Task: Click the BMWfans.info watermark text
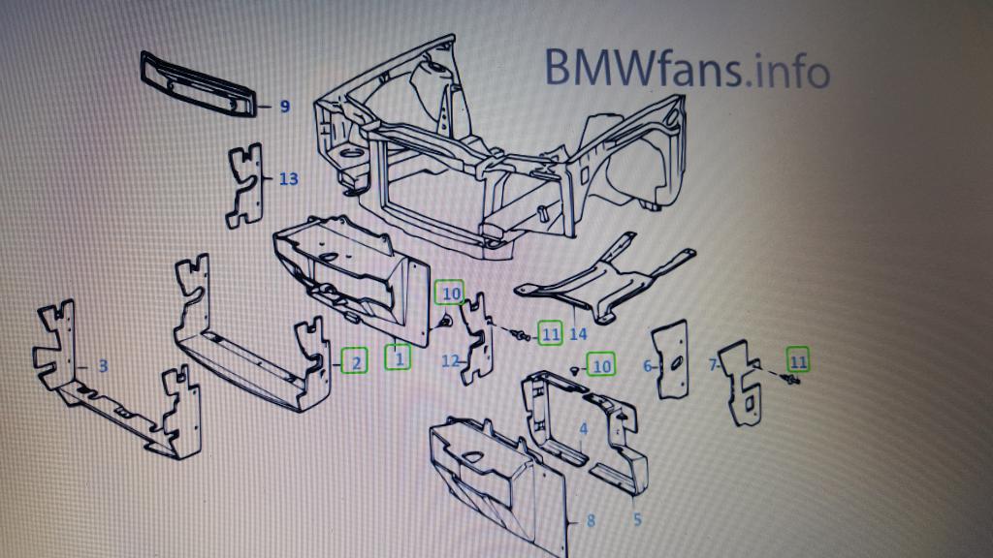tap(686, 69)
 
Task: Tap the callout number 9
tap(285, 107)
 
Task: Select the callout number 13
tap(288, 179)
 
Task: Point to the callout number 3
tap(103, 366)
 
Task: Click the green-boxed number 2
tap(356, 363)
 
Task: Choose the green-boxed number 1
tap(398, 358)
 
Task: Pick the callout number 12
tap(449, 361)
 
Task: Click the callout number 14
tap(579, 334)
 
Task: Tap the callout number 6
tap(647, 366)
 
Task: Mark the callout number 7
tap(714, 365)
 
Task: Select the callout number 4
tap(583, 429)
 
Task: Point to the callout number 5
tap(637, 520)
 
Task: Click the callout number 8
tap(591, 520)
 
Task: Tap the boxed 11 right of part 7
tap(797, 361)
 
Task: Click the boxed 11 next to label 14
tap(551, 333)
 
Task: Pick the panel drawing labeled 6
tap(671, 358)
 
